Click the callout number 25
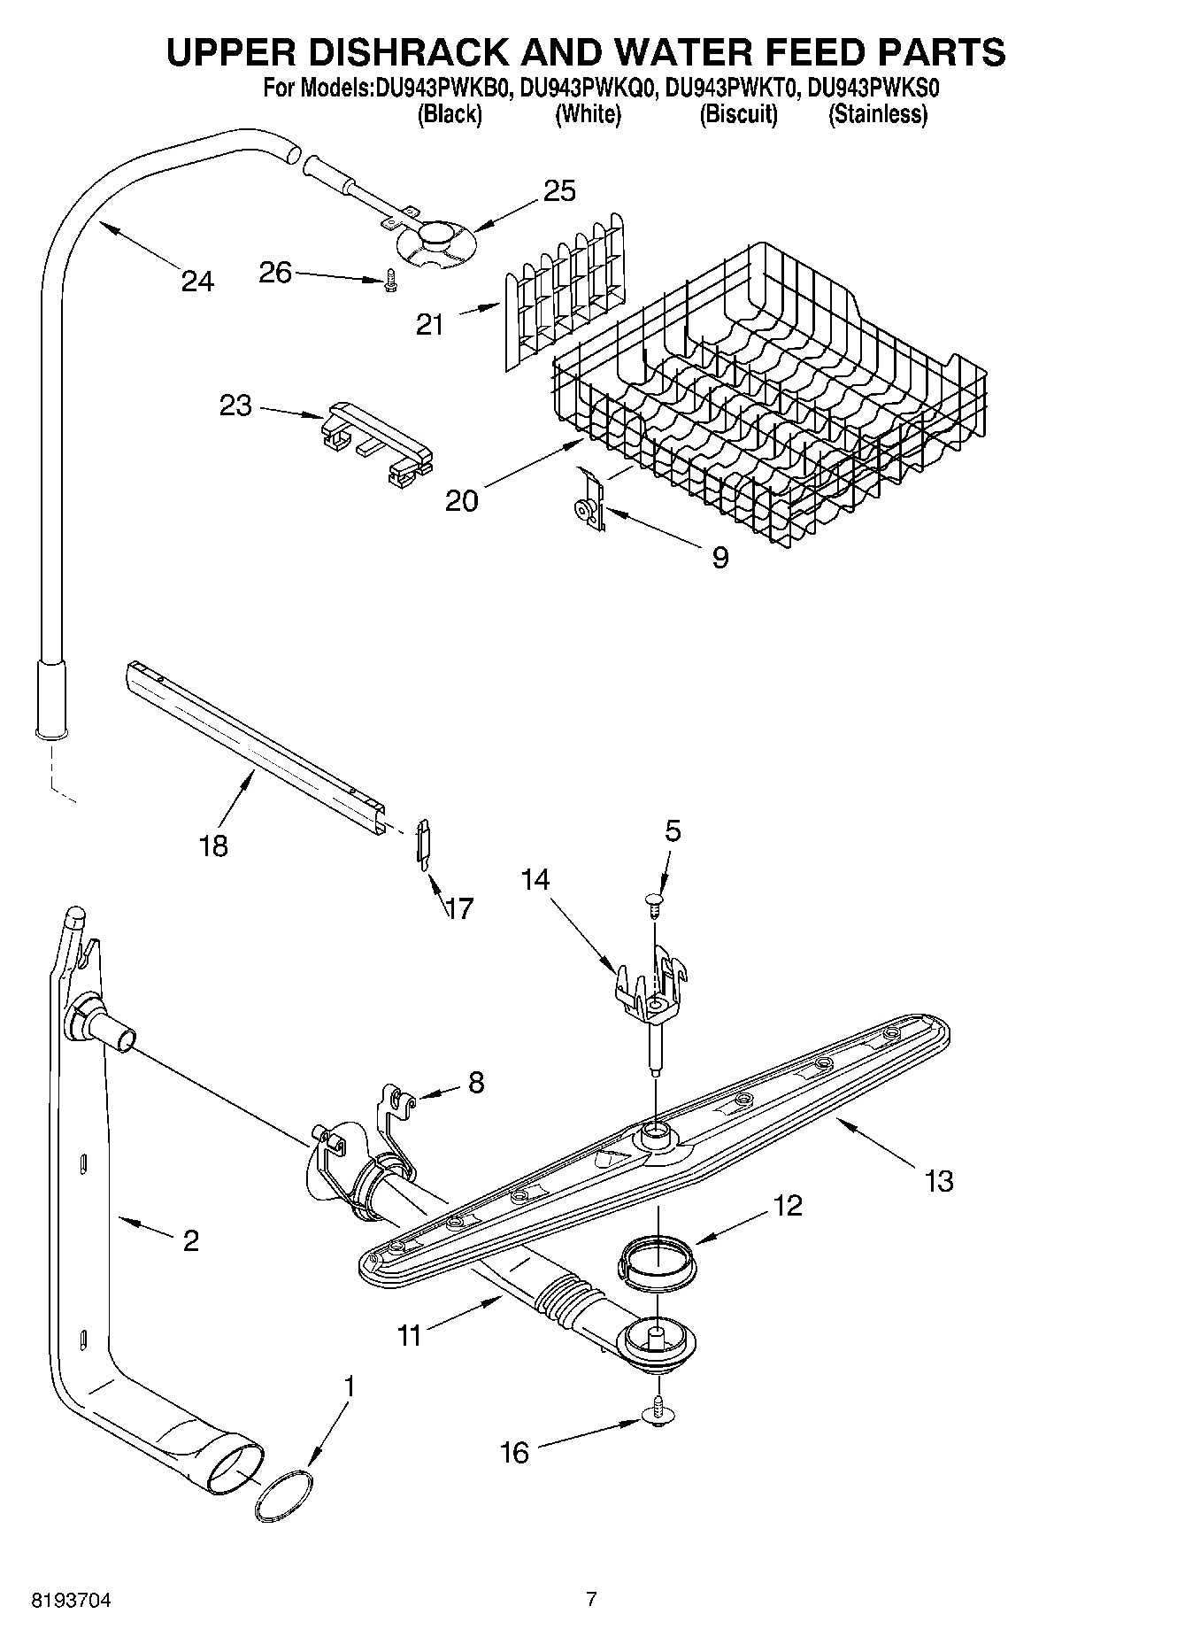pos(559,190)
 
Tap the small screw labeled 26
pos(390,282)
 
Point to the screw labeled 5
pos(653,902)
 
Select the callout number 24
pos(197,282)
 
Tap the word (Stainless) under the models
pos(877,114)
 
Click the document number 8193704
pos(72,1600)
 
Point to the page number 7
pos(591,1599)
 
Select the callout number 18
pos(213,846)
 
